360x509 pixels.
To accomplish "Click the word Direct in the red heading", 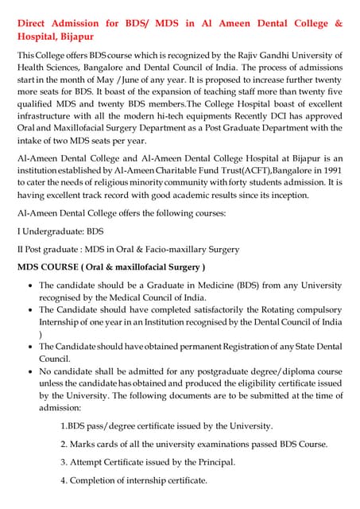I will click(x=36, y=23).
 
